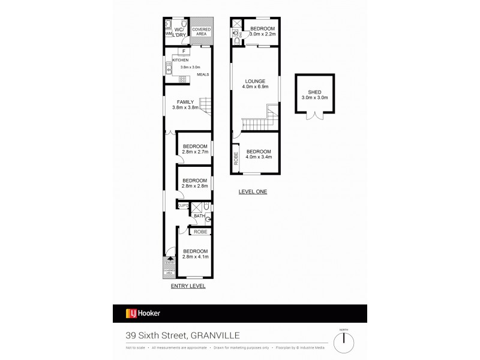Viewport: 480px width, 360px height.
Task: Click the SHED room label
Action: pyautogui.click(x=314, y=92)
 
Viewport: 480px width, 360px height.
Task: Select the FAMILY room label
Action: pyautogui.click(x=185, y=102)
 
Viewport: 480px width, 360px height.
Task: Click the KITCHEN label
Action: pyautogui.click(x=180, y=61)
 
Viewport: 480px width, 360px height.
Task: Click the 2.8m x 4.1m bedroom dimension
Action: pyautogui.click(x=195, y=257)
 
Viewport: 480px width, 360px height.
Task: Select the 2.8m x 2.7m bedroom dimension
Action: pyautogui.click(x=195, y=152)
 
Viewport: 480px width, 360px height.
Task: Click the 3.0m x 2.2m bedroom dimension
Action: pyautogui.click(x=263, y=34)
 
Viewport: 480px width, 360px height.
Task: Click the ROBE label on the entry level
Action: pyautogui.click(x=200, y=231)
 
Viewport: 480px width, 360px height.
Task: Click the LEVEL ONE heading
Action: pyautogui.click(x=253, y=192)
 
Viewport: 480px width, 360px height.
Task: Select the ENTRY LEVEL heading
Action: pyautogui.click(x=188, y=286)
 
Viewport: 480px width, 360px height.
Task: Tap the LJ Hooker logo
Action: pyautogui.click(x=143, y=313)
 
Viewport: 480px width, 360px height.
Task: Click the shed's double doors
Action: pyautogui.click(x=314, y=115)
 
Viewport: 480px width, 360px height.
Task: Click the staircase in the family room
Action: pyautogui.click(x=206, y=107)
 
